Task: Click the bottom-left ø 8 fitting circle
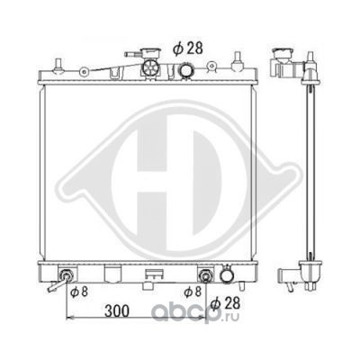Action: coord(67,275)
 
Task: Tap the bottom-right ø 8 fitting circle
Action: coord(205,275)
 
